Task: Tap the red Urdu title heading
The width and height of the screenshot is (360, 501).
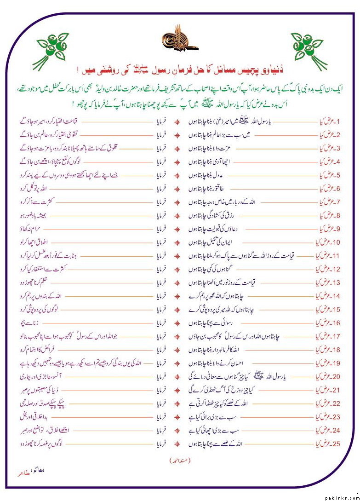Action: click(180, 70)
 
